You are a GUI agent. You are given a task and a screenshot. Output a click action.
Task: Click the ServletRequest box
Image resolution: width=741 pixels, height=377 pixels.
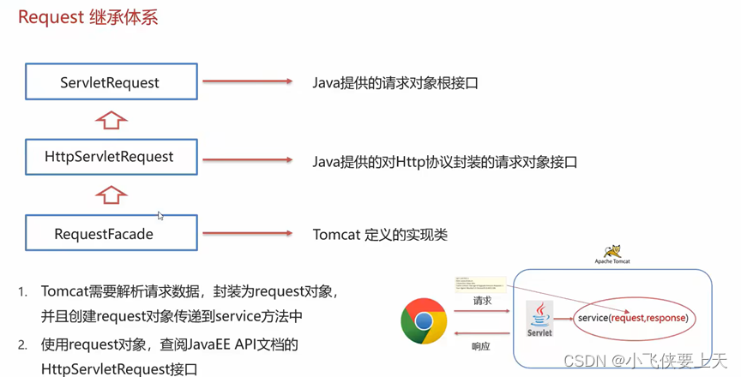pyautogui.click(x=110, y=82)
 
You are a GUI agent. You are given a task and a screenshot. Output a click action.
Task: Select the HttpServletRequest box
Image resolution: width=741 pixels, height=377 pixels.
pyautogui.click(x=110, y=158)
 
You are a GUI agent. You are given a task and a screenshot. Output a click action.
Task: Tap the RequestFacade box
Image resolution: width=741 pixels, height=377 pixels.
pyautogui.click(x=110, y=233)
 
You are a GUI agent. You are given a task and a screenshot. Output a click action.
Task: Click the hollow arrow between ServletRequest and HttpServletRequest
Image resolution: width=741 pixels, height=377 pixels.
pyautogui.click(x=110, y=119)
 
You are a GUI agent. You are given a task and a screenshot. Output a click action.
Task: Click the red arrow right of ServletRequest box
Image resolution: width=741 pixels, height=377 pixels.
pyautogui.click(x=248, y=82)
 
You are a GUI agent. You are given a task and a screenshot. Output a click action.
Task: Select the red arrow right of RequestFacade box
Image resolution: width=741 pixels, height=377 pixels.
pyautogui.click(x=248, y=233)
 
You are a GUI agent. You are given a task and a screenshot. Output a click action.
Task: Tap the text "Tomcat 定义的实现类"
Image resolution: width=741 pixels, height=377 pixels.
pyautogui.click(x=380, y=234)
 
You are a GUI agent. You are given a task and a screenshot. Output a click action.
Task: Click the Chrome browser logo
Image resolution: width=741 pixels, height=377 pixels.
pyautogui.click(x=424, y=321)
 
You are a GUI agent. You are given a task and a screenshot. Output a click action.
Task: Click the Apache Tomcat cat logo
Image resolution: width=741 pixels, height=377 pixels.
pyautogui.click(x=611, y=252)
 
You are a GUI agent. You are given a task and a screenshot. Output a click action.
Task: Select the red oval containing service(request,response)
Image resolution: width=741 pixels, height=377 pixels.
pyautogui.click(x=632, y=318)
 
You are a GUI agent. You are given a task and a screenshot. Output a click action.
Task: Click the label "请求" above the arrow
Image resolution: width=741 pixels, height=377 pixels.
pyautogui.click(x=483, y=302)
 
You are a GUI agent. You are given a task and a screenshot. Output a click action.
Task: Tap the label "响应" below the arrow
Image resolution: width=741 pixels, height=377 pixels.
pyautogui.click(x=482, y=346)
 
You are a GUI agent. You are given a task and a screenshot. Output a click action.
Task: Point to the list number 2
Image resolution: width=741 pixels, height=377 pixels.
pyautogui.click(x=23, y=344)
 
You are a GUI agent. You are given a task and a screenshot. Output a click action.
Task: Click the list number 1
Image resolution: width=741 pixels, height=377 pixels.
pyautogui.click(x=23, y=292)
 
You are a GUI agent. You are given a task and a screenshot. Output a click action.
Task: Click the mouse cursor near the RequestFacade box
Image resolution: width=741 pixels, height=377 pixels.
pyautogui.click(x=160, y=216)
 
